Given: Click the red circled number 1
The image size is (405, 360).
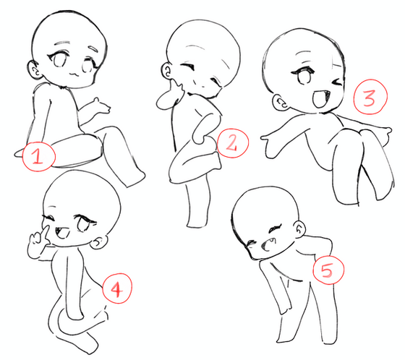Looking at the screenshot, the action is pyautogui.click(x=39, y=156).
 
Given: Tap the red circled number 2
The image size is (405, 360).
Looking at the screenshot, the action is pyautogui.click(x=232, y=143).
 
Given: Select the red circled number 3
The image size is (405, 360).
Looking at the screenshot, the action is pyautogui.click(x=370, y=96).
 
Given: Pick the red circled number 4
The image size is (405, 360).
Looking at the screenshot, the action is pyautogui.click(x=117, y=288).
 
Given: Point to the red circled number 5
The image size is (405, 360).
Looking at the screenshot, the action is pyautogui.click(x=328, y=270).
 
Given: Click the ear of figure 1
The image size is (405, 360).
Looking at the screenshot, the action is pyautogui.click(x=33, y=69).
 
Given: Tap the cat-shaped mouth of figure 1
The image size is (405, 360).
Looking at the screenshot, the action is pyautogui.click(x=74, y=74).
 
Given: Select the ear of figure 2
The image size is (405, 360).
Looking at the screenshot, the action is pyautogui.click(x=166, y=71).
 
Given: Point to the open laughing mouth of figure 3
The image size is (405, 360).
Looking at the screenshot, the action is pyautogui.click(x=320, y=98).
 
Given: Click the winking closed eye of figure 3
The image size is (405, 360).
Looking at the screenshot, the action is pyautogui.click(x=337, y=82).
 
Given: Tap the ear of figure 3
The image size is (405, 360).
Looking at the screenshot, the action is pyautogui.click(x=281, y=103).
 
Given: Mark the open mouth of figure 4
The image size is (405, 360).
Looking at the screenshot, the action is pyautogui.click(x=62, y=233).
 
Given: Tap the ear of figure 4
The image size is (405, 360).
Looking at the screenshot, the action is pyautogui.click(x=100, y=242).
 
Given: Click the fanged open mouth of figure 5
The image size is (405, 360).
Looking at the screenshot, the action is pyautogui.click(x=268, y=244).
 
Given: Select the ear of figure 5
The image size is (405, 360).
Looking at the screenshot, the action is pyautogui.click(x=299, y=228).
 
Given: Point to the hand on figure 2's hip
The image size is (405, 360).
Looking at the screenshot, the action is pyautogui.click(x=200, y=137).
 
